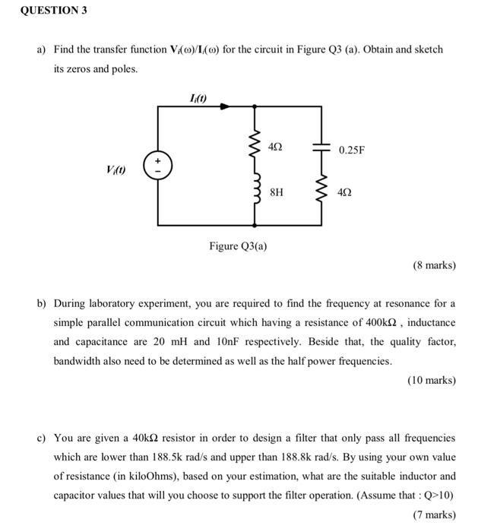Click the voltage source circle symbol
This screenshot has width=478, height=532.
158,166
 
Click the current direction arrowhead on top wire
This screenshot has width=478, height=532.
224,107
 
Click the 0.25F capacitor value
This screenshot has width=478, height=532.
352,150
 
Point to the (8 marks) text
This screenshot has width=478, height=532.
434,266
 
